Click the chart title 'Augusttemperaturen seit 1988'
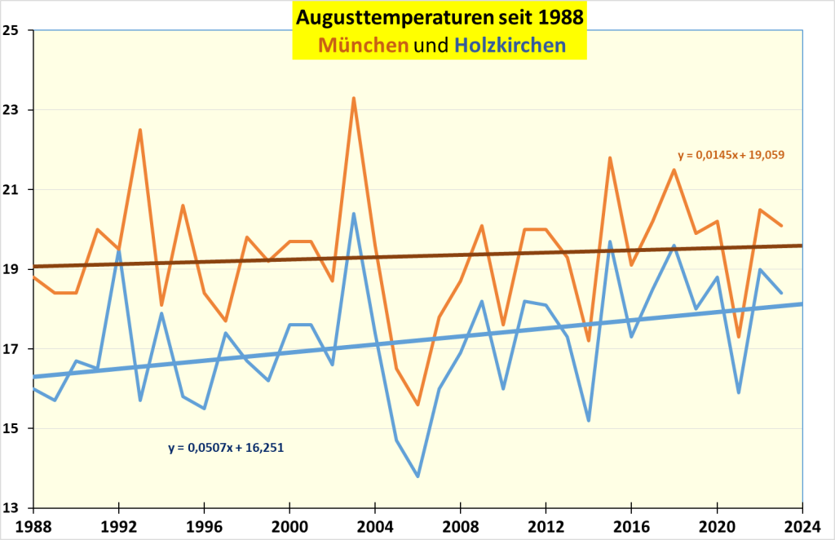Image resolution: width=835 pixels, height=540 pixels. pyautogui.click(x=440, y=17)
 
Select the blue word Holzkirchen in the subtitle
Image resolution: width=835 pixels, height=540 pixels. pyautogui.click(x=510, y=46)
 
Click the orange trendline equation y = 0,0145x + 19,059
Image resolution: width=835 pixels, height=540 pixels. pyautogui.click(x=731, y=154)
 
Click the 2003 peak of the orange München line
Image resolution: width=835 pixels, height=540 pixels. pyautogui.click(x=353, y=98)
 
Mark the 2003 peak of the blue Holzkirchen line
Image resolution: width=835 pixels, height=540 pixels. pyautogui.click(x=353, y=214)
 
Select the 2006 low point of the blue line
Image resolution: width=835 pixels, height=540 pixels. pyautogui.click(x=417, y=476)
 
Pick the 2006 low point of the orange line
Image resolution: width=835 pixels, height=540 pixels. pyautogui.click(x=417, y=405)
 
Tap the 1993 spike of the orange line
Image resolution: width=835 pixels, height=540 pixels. pyautogui.click(x=140, y=130)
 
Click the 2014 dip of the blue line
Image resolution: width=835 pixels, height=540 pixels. pyautogui.click(x=588, y=421)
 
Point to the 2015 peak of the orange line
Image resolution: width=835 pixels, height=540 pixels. pyautogui.click(x=610, y=157)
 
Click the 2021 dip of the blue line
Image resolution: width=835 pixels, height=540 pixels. pyautogui.click(x=738, y=393)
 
